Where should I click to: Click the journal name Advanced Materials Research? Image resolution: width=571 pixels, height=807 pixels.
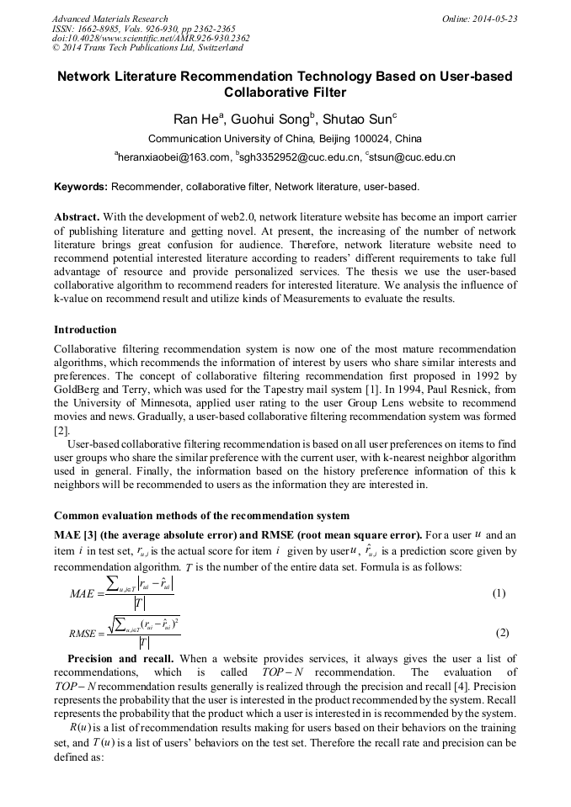pos(109,18)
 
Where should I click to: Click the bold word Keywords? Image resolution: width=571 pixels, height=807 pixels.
pos(80,186)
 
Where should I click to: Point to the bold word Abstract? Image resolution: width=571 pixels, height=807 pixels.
pos(77,216)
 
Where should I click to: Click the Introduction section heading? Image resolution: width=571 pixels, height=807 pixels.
pos(85,329)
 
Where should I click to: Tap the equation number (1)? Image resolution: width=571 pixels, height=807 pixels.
pos(499,593)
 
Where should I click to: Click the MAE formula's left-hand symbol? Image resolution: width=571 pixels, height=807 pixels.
pos(86,594)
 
